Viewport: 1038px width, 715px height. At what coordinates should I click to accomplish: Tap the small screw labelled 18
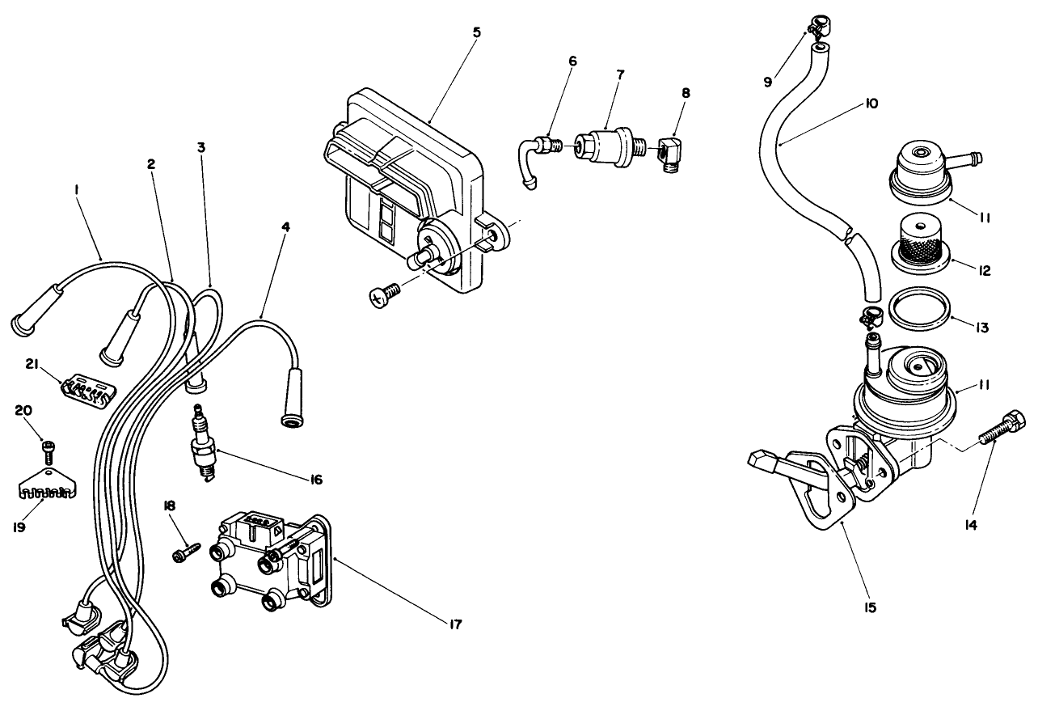point(184,552)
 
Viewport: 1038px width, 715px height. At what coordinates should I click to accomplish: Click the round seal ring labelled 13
point(919,311)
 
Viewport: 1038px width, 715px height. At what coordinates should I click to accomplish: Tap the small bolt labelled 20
point(49,446)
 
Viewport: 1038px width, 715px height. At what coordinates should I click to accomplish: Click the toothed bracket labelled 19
point(47,485)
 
